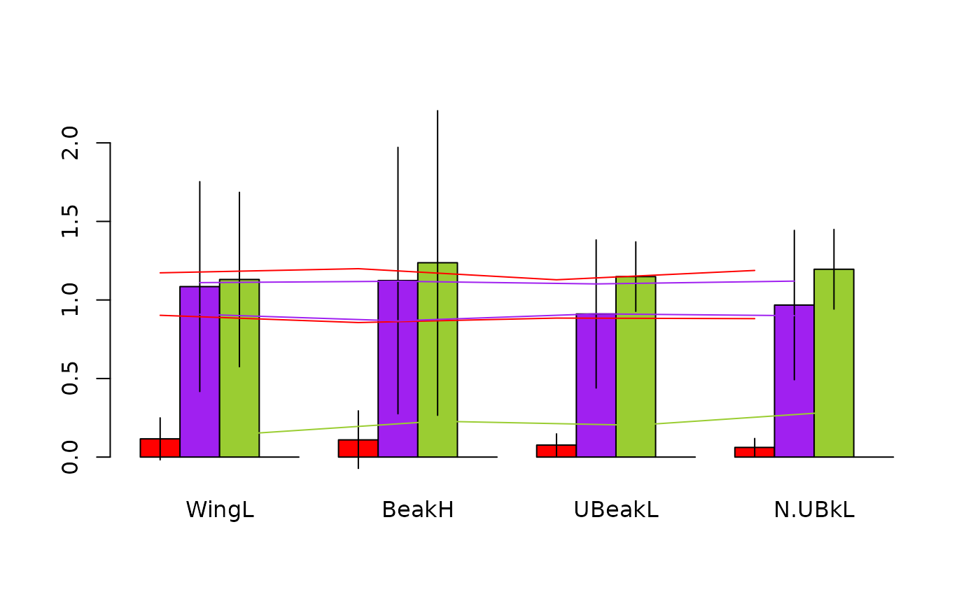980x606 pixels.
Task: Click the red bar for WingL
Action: pos(160,448)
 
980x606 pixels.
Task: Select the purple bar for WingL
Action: pos(199,372)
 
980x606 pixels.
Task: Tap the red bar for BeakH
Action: pos(358,449)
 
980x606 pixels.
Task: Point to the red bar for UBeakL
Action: pos(556,451)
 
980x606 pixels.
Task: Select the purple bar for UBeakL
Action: pos(596,385)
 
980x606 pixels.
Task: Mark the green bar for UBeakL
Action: pos(636,367)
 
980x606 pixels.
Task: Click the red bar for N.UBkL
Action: pos(754,452)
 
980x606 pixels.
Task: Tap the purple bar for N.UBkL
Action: pos(794,381)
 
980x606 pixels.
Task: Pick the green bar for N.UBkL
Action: pos(834,363)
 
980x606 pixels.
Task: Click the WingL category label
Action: pos(220,510)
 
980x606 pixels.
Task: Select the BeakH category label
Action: pos(418,510)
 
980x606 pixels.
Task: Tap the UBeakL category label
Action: pos(616,510)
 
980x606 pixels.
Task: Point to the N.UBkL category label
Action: pos(814,510)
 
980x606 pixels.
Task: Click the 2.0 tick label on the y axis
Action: pos(69,143)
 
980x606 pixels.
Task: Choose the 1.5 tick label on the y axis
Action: pos(69,221)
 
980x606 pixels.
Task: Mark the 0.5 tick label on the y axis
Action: pos(69,379)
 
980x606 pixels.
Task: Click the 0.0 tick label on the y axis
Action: pos(69,457)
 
